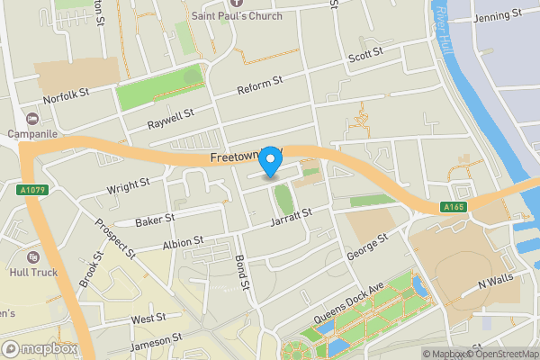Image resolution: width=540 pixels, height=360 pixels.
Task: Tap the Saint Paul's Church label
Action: pos(237,15)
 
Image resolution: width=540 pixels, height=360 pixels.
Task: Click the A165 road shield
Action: pos(453,208)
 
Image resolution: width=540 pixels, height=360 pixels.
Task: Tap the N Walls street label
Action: pos(495,283)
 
